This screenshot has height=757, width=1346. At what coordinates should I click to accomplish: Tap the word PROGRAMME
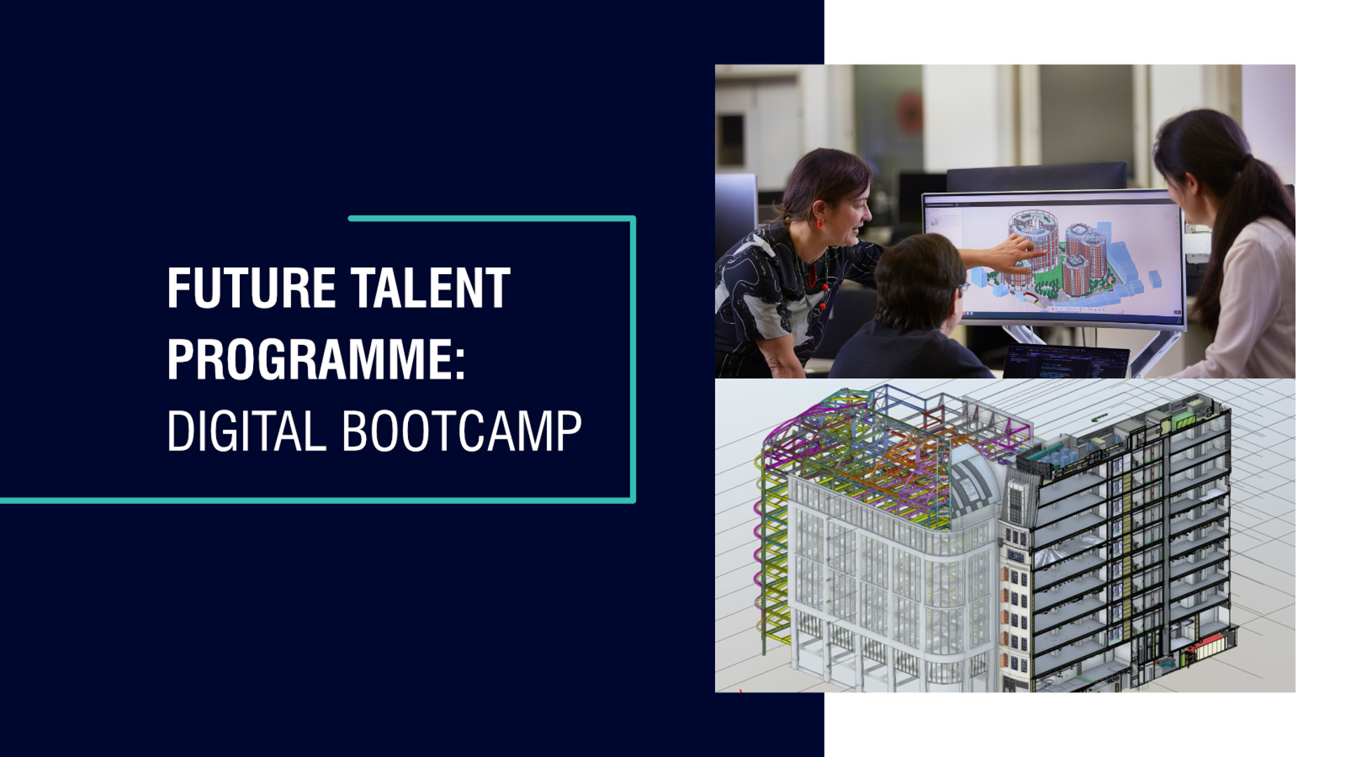(x=308, y=359)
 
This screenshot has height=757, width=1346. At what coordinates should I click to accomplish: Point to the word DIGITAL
(x=247, y=430)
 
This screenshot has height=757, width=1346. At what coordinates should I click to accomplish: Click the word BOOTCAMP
(x=462, y=430)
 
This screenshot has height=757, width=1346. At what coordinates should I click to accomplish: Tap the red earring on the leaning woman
(x=820, y=224)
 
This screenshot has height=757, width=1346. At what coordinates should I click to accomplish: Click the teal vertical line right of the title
(x=633, y=359)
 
